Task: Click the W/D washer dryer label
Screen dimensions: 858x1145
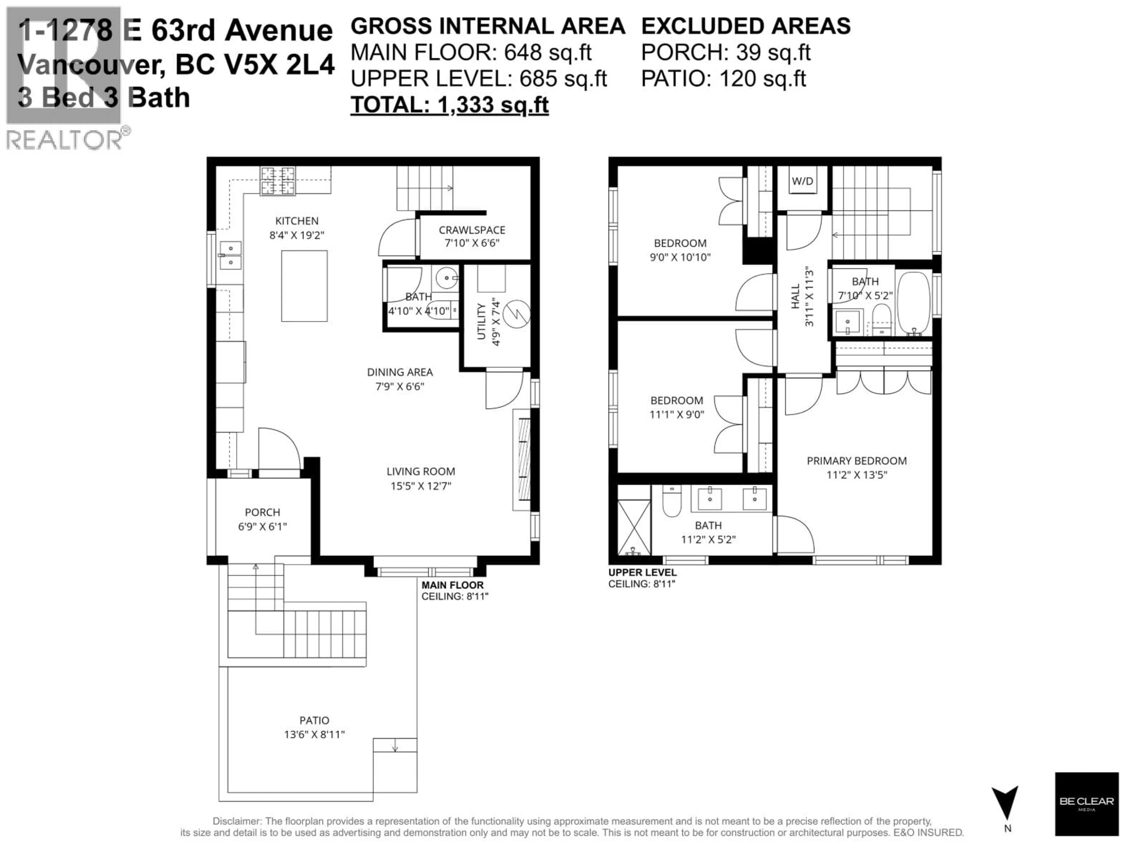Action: tap(802, 181)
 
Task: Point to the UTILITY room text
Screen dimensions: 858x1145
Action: tap(481, 322)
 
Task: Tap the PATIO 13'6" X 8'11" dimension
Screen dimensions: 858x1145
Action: tap(314, 734)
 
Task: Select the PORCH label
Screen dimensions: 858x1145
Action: tap(262, 512)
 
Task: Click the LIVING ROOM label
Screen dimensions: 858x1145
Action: tap(420, 471)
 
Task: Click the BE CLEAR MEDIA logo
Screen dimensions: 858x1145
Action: tap(1087, 804)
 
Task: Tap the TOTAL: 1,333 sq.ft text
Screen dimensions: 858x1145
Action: tap(449, 105)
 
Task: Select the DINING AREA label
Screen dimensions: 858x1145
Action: tap(400, 372)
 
